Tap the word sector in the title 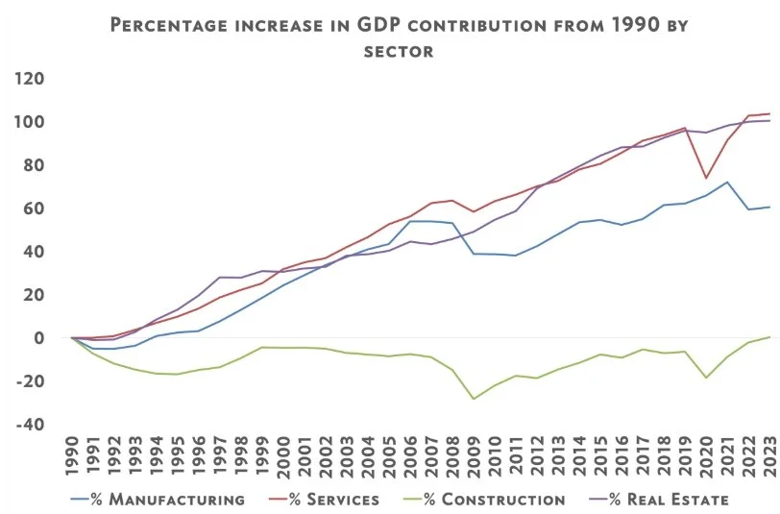pos(399,50)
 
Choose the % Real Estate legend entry pos(663,499)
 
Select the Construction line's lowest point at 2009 pos(474,399)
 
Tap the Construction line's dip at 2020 pos(706,378)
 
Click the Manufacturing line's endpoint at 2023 pos(769,208)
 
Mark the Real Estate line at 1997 pos(221,277)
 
